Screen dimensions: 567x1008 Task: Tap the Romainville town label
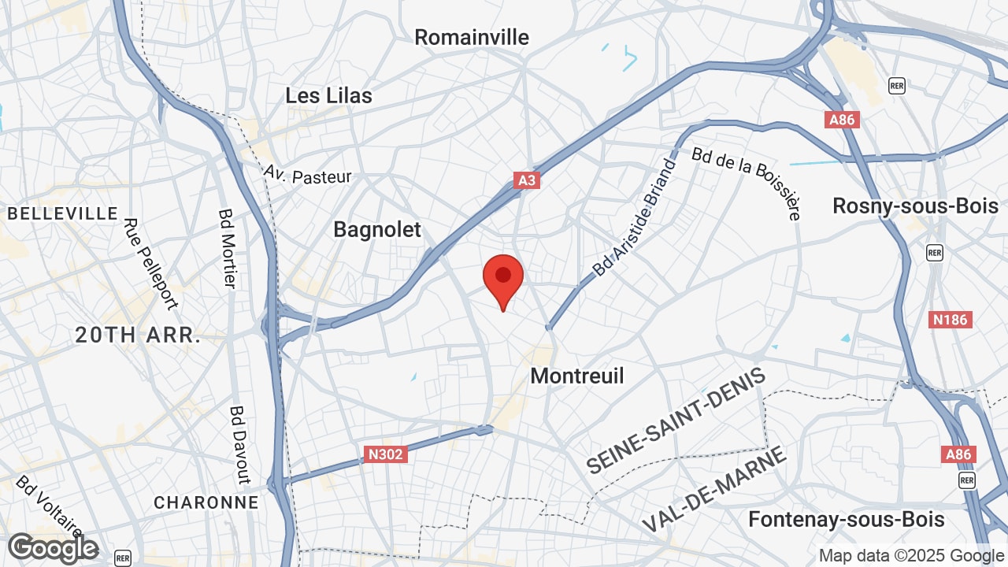472,37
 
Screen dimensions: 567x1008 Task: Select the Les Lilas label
328,96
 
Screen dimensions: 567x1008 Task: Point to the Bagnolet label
377,229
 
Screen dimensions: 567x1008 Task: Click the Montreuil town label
577,376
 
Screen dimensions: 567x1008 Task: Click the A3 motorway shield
527,180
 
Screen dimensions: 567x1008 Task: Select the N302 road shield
386,454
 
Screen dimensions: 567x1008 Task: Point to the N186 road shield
951,320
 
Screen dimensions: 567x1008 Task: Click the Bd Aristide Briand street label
635,218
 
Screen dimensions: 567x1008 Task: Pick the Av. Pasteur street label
308,174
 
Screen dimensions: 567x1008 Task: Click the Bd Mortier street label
228,247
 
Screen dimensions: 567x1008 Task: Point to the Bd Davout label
239,444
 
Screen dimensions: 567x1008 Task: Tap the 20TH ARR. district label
138,335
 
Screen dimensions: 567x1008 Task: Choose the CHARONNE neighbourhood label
206,502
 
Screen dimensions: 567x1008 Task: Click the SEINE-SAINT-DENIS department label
676,421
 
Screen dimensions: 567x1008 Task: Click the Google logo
53,548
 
